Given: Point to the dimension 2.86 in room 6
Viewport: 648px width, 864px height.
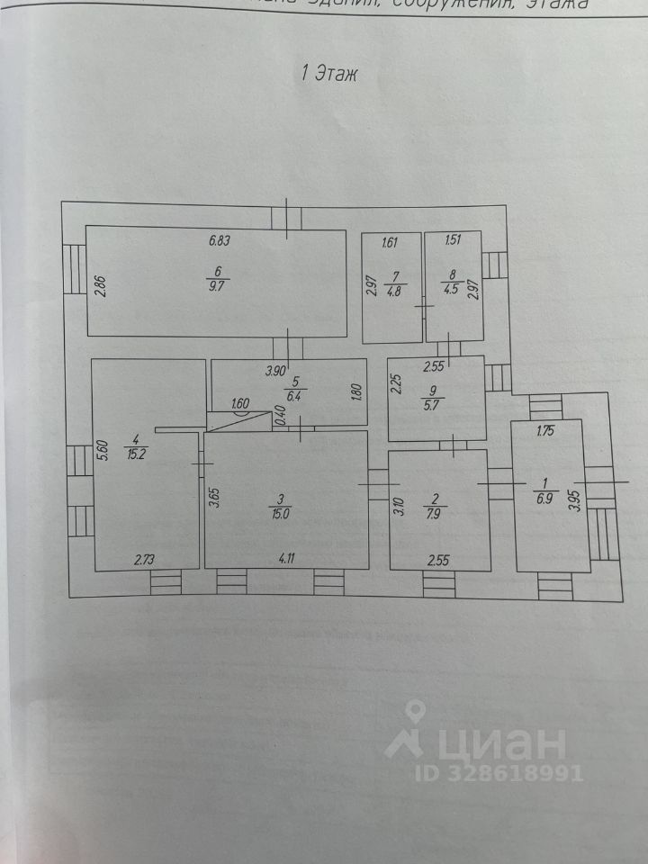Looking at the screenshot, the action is coord(102,287).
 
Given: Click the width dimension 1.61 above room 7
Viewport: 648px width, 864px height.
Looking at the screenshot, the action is coord(391,241).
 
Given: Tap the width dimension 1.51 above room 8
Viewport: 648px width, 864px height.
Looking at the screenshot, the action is coord(454,241).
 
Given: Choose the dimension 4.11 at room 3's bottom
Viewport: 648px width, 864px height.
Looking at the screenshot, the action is coord(286,558).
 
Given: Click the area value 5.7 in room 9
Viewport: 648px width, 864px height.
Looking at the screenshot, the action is coord(436,403).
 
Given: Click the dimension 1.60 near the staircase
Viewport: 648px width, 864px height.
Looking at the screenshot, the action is coord(241,404).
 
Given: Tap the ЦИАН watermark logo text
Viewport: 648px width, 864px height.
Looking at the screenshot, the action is coord(490,743).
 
